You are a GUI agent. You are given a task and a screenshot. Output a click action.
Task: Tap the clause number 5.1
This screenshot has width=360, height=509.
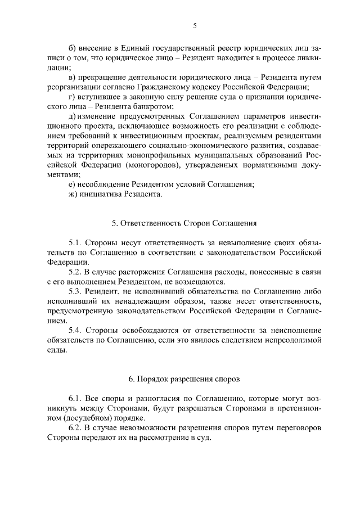tap(75, 242)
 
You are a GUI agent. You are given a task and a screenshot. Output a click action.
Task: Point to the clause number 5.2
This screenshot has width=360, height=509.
tap(75, 272)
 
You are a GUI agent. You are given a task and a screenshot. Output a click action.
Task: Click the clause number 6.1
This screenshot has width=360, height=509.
tap(75, 399)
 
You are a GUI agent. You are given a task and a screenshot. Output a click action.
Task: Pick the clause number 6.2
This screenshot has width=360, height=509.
tap(75, 428)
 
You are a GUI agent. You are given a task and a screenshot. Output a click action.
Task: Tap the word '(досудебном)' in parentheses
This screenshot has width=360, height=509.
tap(80, 418)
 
